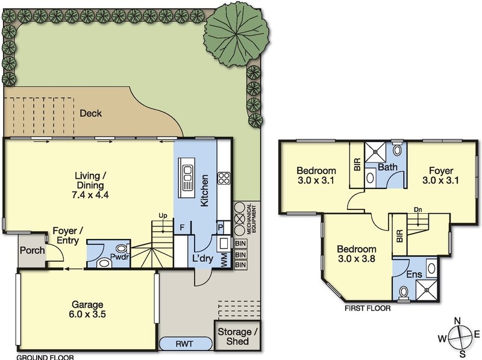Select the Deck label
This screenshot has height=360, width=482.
[x=90, y=113]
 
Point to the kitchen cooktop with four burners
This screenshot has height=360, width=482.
[x=224, y=178]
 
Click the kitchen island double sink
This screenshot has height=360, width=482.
[x=187, y=178]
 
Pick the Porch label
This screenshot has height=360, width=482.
[x=32, y=250]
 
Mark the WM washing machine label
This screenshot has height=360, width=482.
[x=224, y=259]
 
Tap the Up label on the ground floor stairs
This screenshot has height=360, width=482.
[x=162, y=216]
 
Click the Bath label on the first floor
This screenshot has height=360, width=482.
[x=387, y=166]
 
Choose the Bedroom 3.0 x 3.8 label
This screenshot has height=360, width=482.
[x=357, y=254]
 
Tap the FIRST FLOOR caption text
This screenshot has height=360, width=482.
[x=367, y=308]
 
